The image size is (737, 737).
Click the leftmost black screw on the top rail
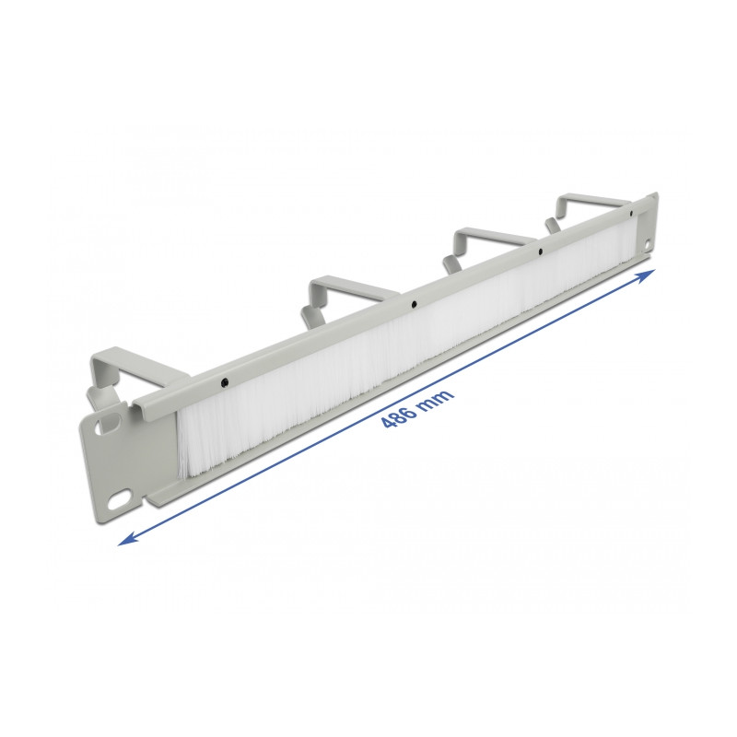pos(225,381)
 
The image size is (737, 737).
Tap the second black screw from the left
pos(413,305)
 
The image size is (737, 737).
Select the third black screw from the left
pos(541,252)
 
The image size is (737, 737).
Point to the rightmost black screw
pos(631,214)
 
